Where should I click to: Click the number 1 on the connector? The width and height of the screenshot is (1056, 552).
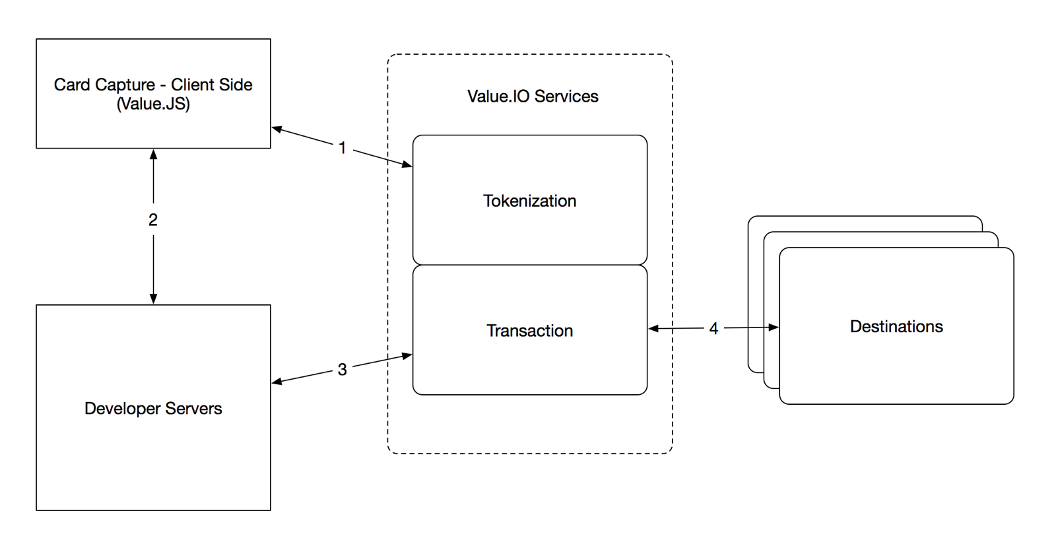342,148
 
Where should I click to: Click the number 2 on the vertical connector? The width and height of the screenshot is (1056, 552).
153,220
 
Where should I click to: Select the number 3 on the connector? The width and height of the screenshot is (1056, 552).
342,370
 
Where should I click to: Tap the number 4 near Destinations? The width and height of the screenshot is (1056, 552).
713,329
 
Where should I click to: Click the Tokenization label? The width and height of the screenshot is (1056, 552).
529,201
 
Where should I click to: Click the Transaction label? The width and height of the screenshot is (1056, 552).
529,331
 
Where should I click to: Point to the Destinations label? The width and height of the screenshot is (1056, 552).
896,327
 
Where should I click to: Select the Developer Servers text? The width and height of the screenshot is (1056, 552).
153,409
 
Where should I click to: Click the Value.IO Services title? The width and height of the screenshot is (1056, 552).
533,96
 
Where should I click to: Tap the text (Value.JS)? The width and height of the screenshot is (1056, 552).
153,104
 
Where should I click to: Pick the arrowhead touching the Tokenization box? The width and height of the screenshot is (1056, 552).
407,164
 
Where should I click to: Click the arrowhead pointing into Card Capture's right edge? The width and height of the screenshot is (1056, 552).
277,129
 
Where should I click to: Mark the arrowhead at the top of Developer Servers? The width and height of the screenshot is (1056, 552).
153,298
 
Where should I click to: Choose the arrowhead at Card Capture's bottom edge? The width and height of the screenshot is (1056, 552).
153,155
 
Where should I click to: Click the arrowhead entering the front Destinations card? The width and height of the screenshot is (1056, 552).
774,328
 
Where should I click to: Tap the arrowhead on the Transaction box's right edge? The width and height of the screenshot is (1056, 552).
654,328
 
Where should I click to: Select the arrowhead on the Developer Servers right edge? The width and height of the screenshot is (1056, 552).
277,382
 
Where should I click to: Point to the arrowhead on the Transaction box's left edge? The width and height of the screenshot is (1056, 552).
407,356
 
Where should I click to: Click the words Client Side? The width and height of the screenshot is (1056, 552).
212,85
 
